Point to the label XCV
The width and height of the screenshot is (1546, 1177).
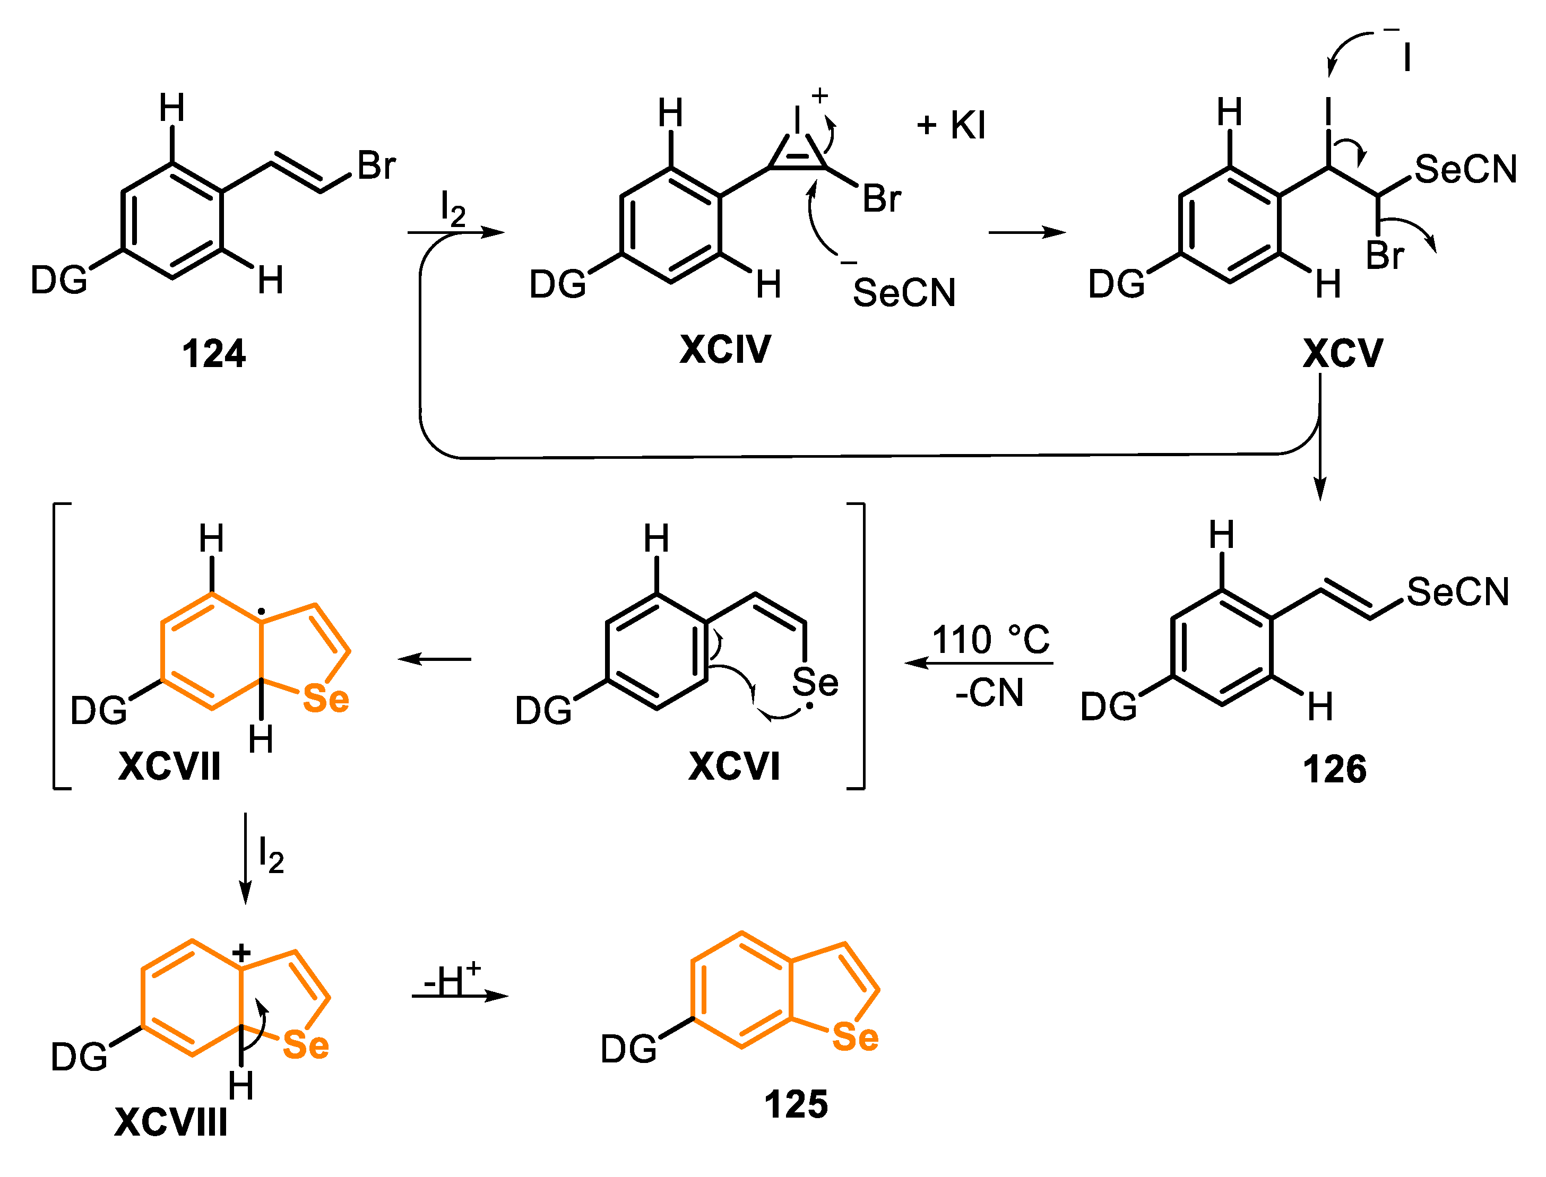tap(1342, 353)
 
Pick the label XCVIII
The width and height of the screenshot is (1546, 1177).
tap(170, 1122)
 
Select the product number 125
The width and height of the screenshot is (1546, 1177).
tap(796, 1104)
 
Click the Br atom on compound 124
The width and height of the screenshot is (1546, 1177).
tap(376, 166)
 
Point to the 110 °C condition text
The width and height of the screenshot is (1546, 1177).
tap(990, 640)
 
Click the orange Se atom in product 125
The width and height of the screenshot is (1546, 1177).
tap(854, 1037)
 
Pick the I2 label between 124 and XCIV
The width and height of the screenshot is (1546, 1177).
tap(453, 210)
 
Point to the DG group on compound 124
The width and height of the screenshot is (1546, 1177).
tap(59, 280)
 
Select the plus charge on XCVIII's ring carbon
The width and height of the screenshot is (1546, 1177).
tap(241, 953)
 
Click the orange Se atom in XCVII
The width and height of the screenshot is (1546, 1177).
tap(325, 699)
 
